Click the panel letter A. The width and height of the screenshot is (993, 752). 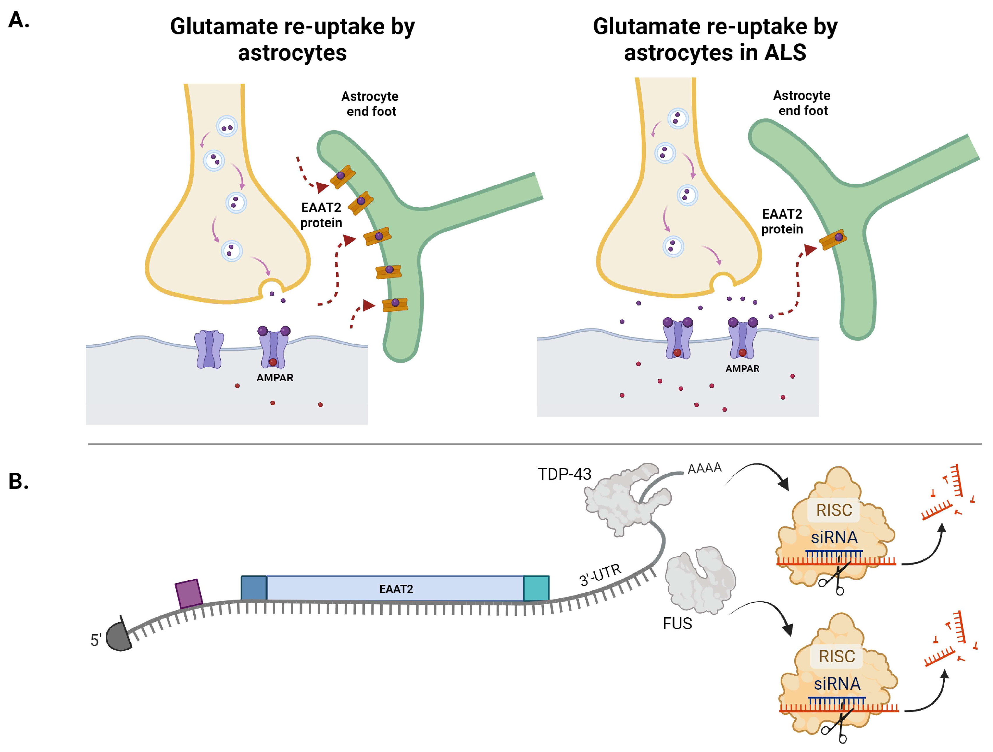19,20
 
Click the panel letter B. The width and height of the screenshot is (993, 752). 19,481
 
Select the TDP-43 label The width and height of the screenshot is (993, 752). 564,474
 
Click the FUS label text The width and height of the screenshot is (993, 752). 677,623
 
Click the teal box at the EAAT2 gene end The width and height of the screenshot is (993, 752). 536,588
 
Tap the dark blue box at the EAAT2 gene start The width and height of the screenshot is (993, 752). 254,588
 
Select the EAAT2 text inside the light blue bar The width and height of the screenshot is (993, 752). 396,588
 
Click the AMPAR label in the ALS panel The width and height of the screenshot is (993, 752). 742,369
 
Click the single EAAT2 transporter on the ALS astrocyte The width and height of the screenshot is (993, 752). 833,239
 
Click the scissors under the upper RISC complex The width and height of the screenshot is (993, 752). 834,579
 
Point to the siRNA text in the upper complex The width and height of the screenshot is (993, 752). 834,537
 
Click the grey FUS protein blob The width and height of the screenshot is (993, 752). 699,579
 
